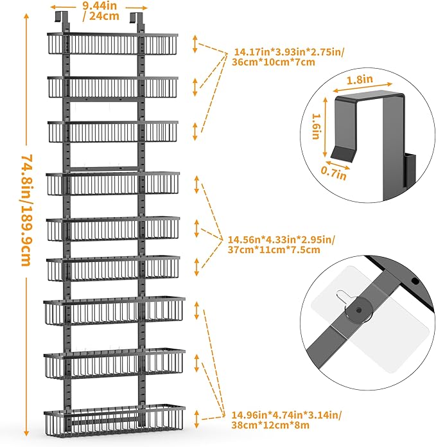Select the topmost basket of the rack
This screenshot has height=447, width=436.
click(112, 44)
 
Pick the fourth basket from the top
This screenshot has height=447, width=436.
click(113, 183)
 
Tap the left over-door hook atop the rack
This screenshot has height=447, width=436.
click(61, 19)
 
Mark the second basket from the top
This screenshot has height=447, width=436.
click(112, 87)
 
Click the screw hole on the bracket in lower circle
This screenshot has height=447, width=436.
click(415, 281)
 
